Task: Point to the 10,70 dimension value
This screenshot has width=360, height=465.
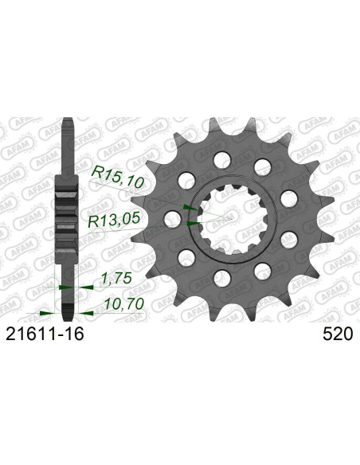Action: pos(122,304)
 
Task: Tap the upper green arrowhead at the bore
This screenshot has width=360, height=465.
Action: pos(189,207)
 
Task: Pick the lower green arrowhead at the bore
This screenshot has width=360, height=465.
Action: pos(190,224)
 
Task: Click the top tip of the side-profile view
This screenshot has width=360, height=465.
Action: pos(68,121)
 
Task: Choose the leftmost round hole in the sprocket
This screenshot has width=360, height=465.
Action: pos(171,217)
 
